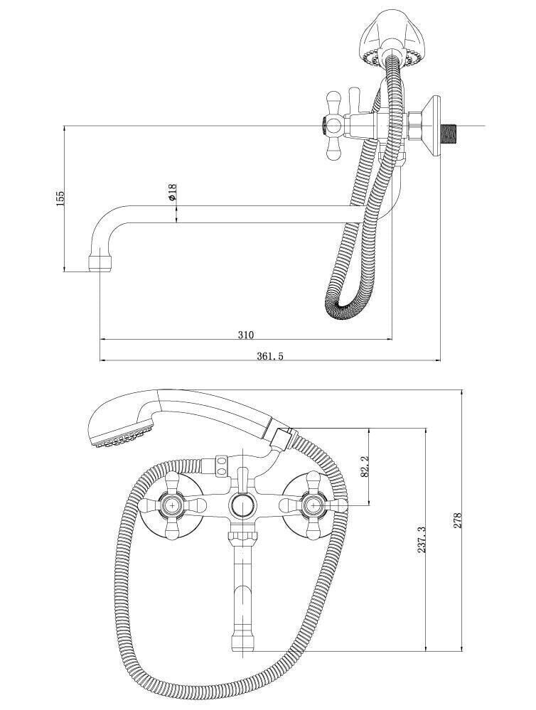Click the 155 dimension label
click(x=61, y=198)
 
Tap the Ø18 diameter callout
click(x=173, y=193)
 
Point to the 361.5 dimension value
click(x=269, y=356)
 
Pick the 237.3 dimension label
click(x=421, y=539)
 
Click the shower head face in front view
click(x=121, y=435)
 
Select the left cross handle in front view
click(x=172, y=506)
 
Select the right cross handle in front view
click(x=311, y=506)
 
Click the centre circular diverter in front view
click(x=241, y=507)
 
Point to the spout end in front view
click(x=241, y=640)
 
